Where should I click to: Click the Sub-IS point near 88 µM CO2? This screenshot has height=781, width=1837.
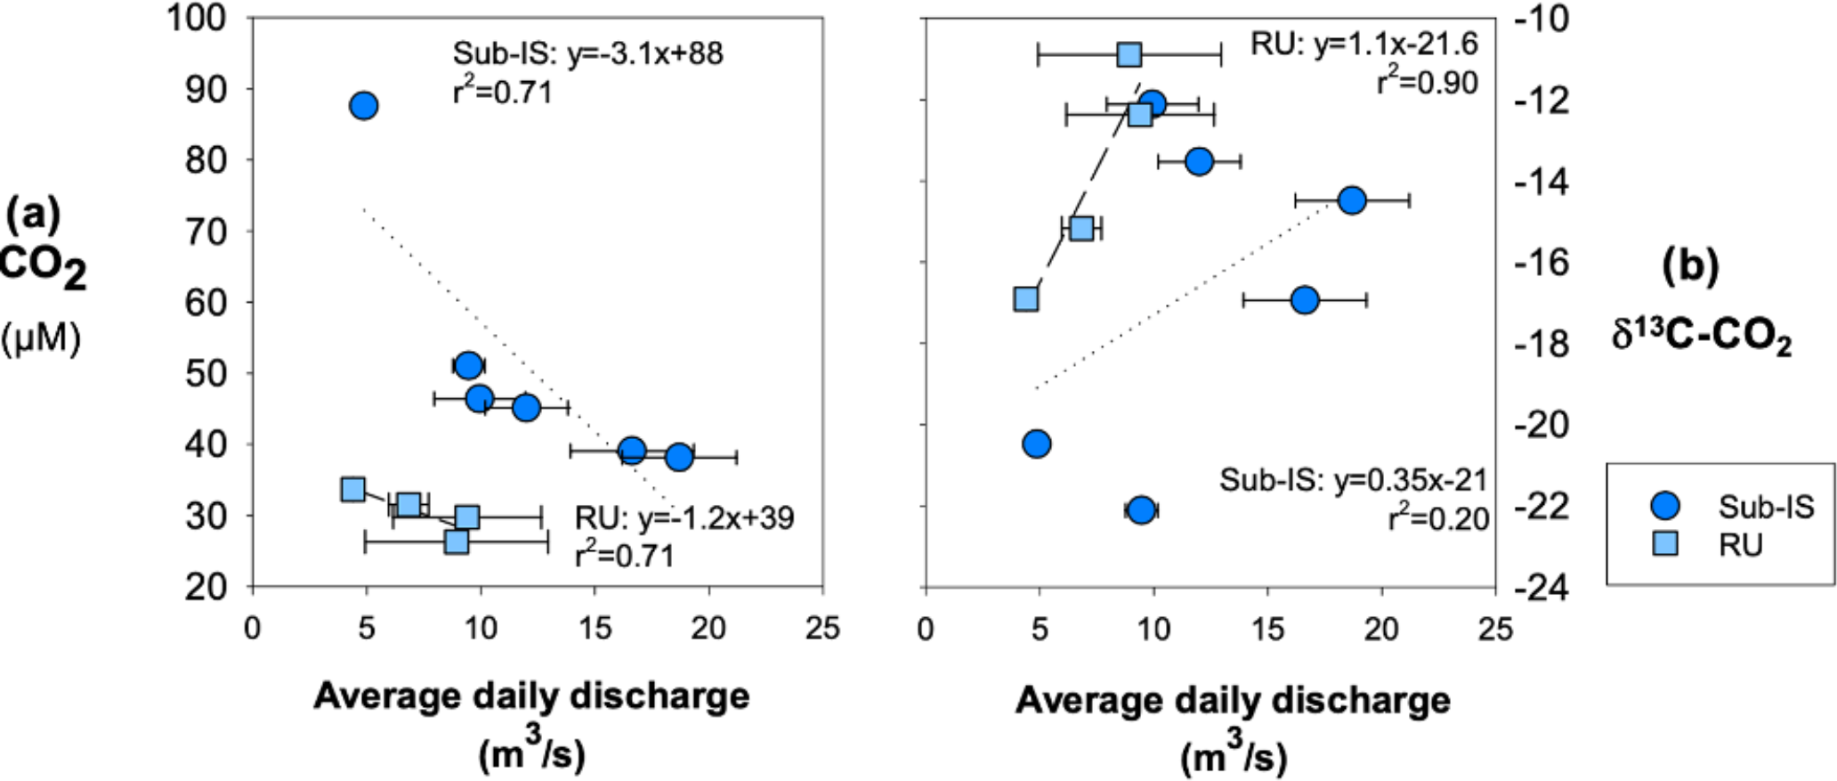pyautogui.click(x=363, y=106)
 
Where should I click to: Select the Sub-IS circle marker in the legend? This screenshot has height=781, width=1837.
pyautogui.click(x=1664, y=506)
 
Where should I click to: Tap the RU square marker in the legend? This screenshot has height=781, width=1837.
pyautogui.click(x=1664, y=543)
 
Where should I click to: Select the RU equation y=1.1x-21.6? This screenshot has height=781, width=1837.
pyautogui.click(x=1364, y=44)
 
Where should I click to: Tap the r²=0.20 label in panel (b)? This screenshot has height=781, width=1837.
pyautogui.click(x=1439, y=518)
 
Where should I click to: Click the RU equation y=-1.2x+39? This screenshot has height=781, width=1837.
pyautogui.click(x=684, y=518)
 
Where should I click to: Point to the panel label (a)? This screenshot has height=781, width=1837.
pyautogui.click(x=33, y=214)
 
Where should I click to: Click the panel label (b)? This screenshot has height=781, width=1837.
pyautogui.click(x=1689, y=265)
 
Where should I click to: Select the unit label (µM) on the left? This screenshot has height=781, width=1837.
pyautogui.click(x=41, y=339)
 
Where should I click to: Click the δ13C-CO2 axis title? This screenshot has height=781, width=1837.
pyautogui.click(x=1701, y=338)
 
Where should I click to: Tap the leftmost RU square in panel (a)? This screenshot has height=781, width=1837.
pyautogui.click(x=353, y=489)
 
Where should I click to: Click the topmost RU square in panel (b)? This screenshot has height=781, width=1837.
pyautogui.click(x=1129, y=54)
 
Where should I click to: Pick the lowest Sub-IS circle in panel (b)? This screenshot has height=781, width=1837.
pyautogui.click(x=1141, y=510)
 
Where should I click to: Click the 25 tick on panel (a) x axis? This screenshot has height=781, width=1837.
pyautogui.click(x=822, y=629)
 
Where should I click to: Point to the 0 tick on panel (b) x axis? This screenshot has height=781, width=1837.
pyautogui.click(x=926, y=629)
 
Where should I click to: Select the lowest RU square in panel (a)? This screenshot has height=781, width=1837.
pyautogui.click(x=457, y=541)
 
